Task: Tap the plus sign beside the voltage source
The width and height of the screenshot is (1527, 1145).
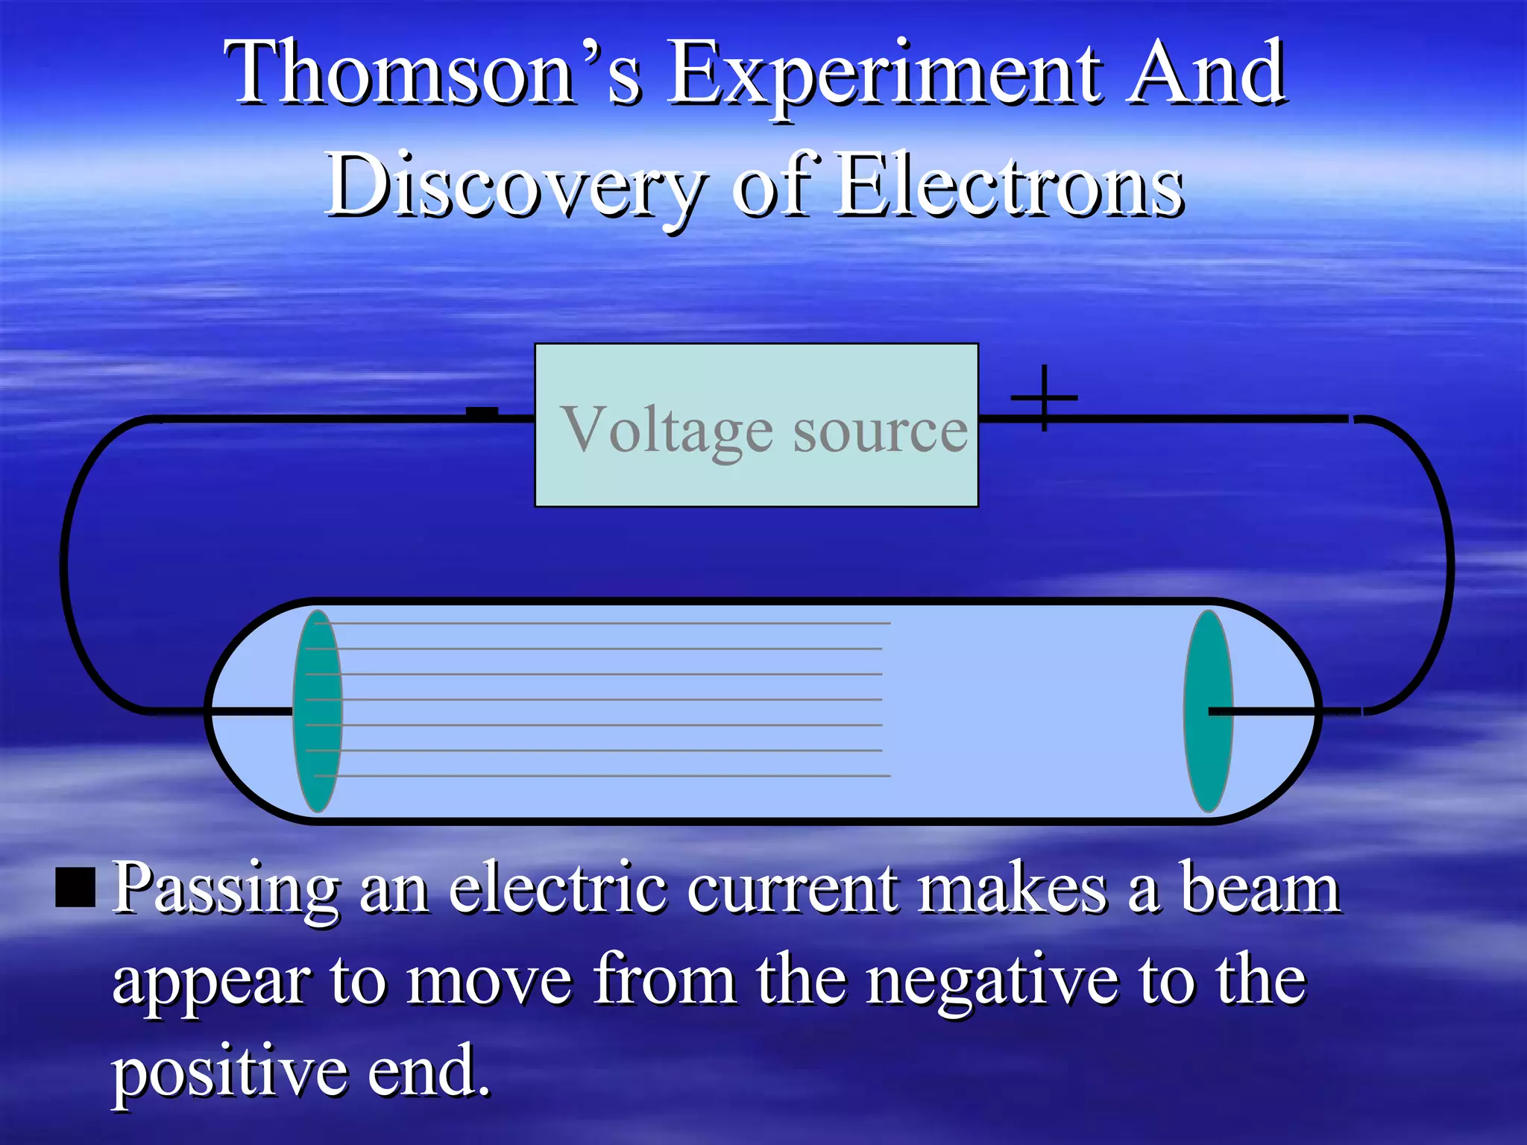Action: click(x=1044, y=398)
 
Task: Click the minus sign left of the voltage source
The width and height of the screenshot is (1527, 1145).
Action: click(x=482, y=412)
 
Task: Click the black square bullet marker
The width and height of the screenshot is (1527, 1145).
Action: click(x=75, y=887)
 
